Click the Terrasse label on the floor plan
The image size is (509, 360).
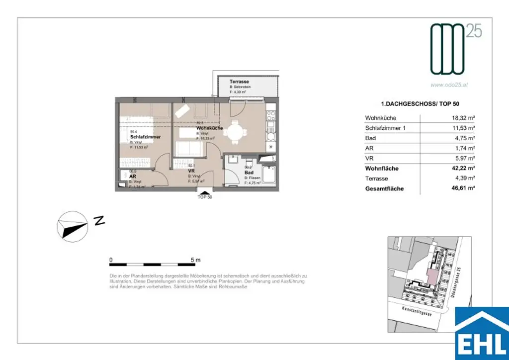pos(239,82)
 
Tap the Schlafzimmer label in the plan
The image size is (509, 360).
pos(145,137)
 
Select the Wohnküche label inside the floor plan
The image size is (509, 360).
pos(209,128)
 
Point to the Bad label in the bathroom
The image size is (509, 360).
pos(249,173)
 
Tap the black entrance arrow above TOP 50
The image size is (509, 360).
pos(204,192)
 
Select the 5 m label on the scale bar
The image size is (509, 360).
pos(195,260)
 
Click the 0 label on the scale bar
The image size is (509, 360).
pos(111,260)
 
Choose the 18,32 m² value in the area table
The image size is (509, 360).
pos(461,118)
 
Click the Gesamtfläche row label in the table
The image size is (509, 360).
pos(384,189)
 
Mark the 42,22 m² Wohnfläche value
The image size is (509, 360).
pos(461,169)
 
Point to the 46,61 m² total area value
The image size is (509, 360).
pos(461,189)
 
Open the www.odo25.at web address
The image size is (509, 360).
pos(449,85)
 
